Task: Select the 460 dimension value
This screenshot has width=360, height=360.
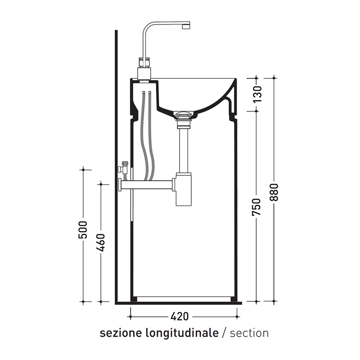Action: pyautogui.click(x=101, y=242)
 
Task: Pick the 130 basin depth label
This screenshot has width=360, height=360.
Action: pyautogui.click(x=257, y=94)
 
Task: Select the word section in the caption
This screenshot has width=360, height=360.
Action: pyautogui.click(x=249, y=333)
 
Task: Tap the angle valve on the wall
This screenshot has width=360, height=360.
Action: pyautogui.click(x=124, y=168)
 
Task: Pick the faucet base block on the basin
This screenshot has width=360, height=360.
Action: pyautogui.click(x=144, y=73)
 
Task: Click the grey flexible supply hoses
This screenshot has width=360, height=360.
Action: pyautogui.click(x=147, y=136)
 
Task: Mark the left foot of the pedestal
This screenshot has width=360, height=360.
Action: pyautogui.click(x=134, y=299)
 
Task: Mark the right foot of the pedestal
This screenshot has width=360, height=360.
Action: pyautogui.click(x=234, y=299)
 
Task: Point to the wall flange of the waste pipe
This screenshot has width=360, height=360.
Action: pyautogui.click(x=120, y=185)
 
